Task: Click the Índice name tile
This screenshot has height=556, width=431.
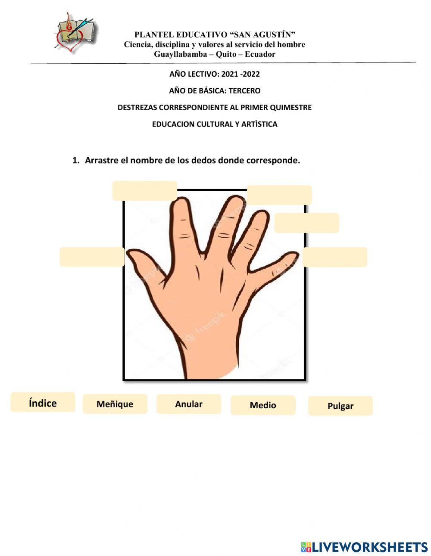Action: (x=43, y=402)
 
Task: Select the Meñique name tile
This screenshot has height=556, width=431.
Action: (x=115, y=404)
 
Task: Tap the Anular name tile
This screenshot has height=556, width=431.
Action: (x=188, y=404)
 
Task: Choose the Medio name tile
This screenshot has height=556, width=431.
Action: (x=263, y=405)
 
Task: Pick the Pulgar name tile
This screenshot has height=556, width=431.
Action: (x=340, y=406)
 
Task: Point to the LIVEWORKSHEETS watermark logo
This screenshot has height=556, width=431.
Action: (x=364, y=547)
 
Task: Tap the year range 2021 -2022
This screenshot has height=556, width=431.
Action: (x=240, y=74)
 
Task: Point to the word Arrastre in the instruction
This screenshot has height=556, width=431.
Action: (x=102, y=161)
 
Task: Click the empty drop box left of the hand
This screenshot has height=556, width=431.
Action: (x=92, y=257)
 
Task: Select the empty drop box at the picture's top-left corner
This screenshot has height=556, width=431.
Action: (x=144, y=191)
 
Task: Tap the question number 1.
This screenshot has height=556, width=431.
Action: (x=75, y=161)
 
